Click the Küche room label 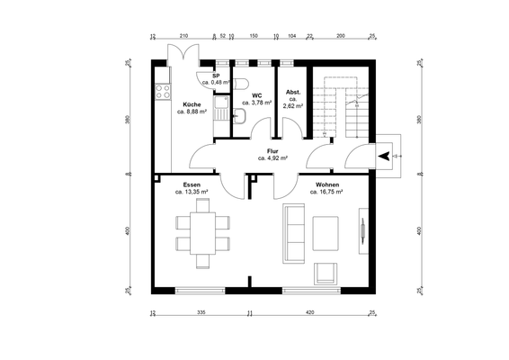coord(192,104)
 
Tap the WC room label coord(256,95)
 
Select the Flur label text coord(272,150)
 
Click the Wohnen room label coord(327,184)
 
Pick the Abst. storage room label coord(292,93)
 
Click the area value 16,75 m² coord(327,192)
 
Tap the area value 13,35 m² coord(192,192)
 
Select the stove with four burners coord(163,90)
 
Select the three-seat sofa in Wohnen coord(293,229)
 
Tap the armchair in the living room coord(325,271)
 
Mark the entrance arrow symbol coord(385,156)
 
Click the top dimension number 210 coord(183,36)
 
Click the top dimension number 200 coord(340,36)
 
